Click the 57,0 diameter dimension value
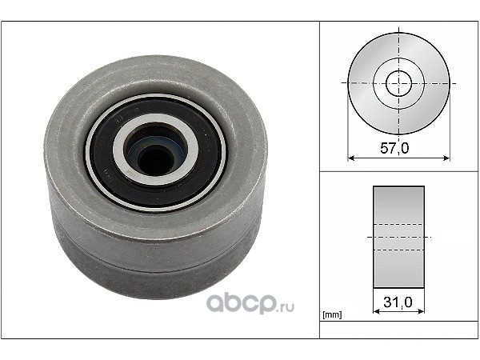coord(394,149)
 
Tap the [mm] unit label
coord(332,314)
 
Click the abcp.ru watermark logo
coord(250,303)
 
